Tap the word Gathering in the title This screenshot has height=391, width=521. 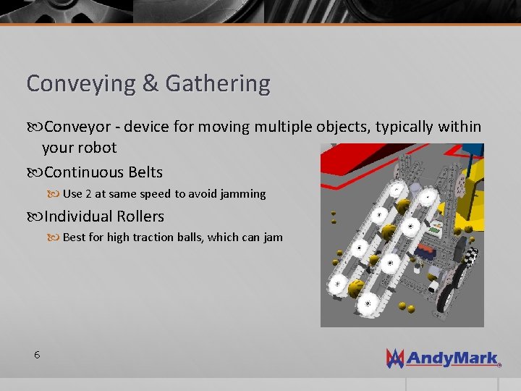click(218, 84)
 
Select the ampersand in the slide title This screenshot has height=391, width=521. click(151, 84)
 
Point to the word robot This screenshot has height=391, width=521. click(98, 148)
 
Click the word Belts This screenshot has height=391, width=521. click(145, 173)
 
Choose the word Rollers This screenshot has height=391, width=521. click(143, 216)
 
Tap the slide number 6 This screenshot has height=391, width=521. click(36, 355)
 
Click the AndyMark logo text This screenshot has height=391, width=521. click(452, 358)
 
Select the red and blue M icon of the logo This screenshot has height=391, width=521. click(395, 358)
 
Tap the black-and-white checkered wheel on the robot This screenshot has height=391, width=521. click(471, 258)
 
